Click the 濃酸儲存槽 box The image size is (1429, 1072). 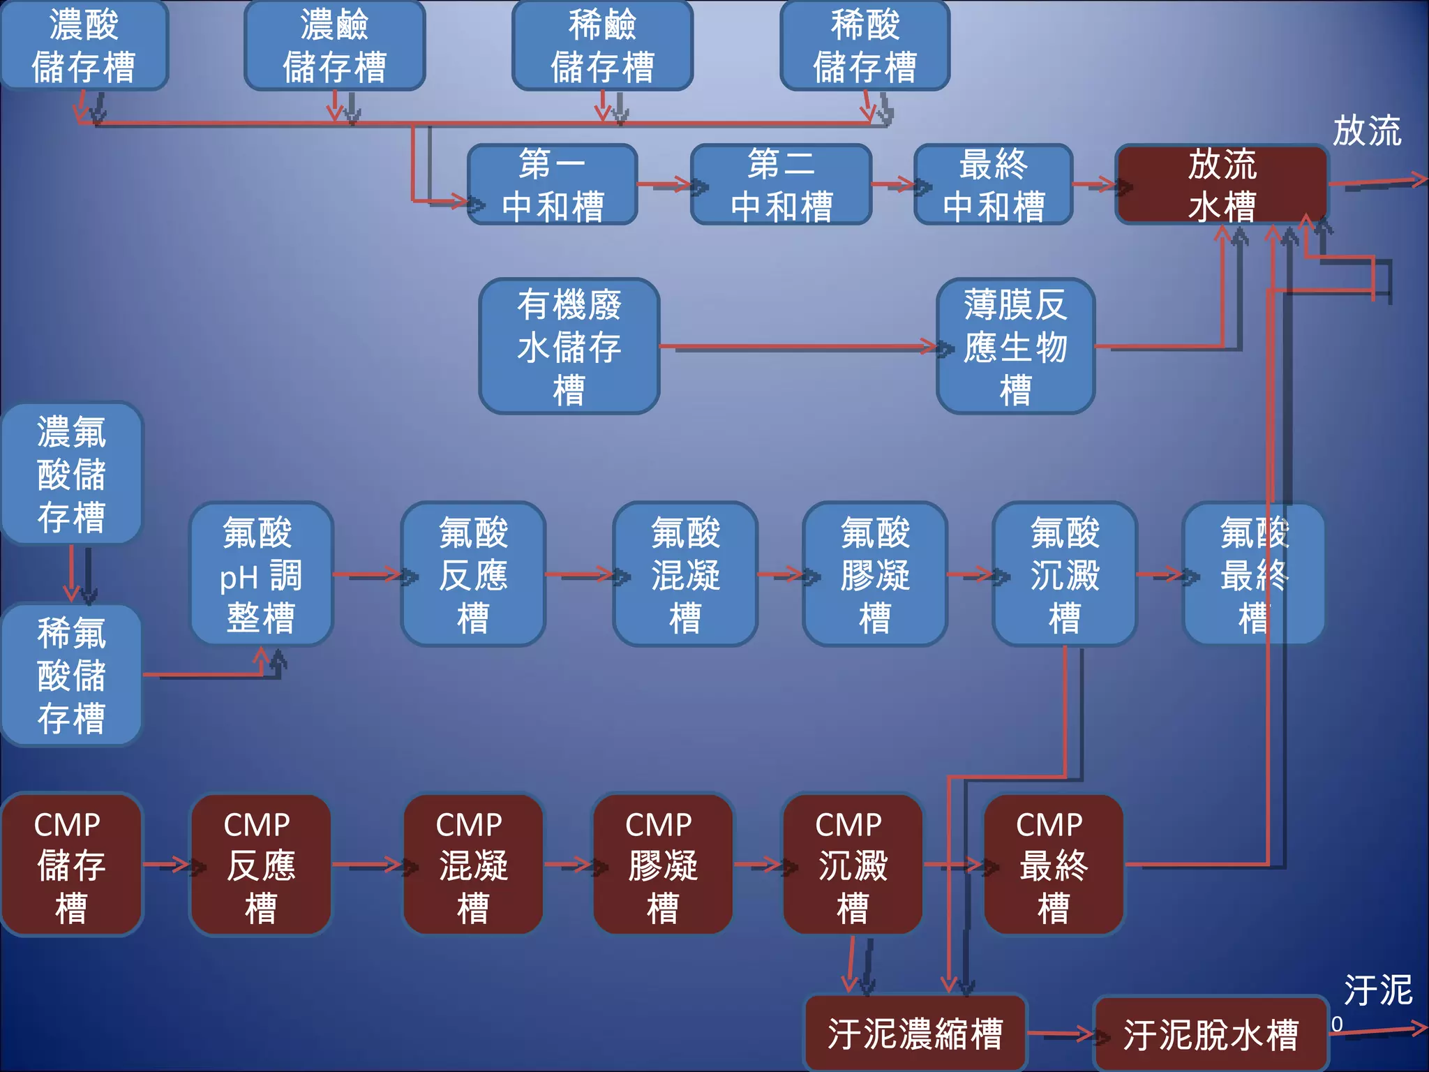click(x=84, y=45)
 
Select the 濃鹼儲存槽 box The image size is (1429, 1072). click(x=334, y=45)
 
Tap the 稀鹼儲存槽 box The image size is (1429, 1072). click(x=602, y=45)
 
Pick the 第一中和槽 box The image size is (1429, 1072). click(x=552, y=185)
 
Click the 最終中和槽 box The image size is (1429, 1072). click(x=993, y=185)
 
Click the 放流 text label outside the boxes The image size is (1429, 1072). click(x=1366, y=131)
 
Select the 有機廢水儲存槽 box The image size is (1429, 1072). click(x=569, y=346)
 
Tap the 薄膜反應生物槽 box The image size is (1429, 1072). click(x=1015, y=346)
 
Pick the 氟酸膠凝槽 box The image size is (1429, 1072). click(x=874, y=574)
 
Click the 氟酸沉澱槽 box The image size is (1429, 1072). click(x=1064, y=574)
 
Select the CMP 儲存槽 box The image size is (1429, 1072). click(x=71, y=865)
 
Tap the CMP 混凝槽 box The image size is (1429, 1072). click(x=472, y=865)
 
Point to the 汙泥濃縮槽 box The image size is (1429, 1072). click(x=915, y=1034)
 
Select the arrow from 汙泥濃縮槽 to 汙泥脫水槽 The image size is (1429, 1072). click(x=1061, y=1034)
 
